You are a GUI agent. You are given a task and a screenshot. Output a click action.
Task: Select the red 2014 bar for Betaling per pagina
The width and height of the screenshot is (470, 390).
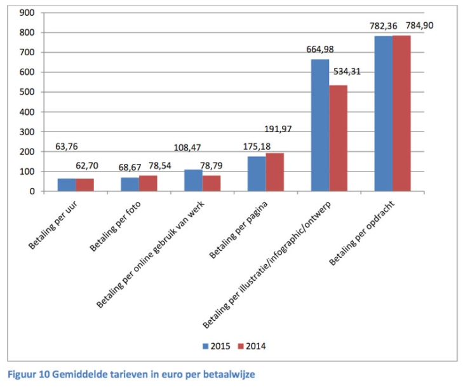coord(274,172)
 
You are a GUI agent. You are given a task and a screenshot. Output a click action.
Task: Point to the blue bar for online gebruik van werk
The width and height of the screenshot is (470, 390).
coord(193,180)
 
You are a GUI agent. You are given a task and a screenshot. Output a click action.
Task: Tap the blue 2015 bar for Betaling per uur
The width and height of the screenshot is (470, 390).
coord(67,185)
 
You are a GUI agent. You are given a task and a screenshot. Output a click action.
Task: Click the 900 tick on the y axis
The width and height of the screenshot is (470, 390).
coord(27,13)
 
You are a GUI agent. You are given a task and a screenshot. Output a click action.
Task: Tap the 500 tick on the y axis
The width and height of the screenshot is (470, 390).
coord(27,92)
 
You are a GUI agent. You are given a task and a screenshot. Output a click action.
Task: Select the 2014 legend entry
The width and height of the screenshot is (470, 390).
coord(250,346)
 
